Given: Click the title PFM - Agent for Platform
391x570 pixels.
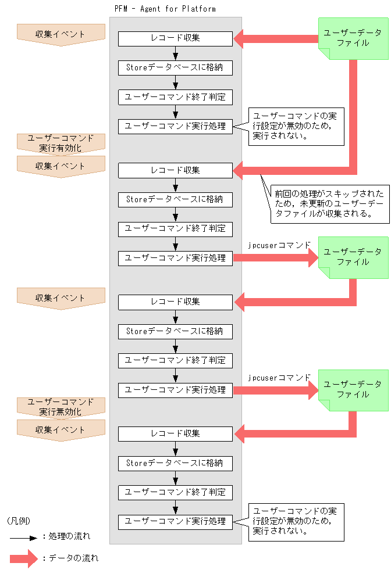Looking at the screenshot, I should coord(165,9).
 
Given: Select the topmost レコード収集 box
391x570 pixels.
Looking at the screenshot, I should coord(175,38).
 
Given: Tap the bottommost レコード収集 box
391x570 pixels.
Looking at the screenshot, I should coord(175,434).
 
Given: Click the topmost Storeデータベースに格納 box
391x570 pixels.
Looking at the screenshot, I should coord(175,67).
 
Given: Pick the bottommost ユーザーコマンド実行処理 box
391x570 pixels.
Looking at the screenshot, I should coord(175,521).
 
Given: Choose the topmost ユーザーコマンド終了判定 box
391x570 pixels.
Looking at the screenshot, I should coord(175,96).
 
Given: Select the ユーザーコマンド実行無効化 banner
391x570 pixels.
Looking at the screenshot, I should coord(61,407).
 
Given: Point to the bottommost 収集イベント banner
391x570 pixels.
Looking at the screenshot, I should coord(61,429).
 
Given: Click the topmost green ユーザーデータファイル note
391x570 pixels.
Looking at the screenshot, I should coord(353,38).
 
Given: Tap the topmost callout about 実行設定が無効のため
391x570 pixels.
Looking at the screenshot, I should coord(296,126).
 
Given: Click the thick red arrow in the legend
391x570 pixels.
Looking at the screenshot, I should coord(24,559).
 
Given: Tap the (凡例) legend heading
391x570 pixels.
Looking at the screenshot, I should coord(19,520).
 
